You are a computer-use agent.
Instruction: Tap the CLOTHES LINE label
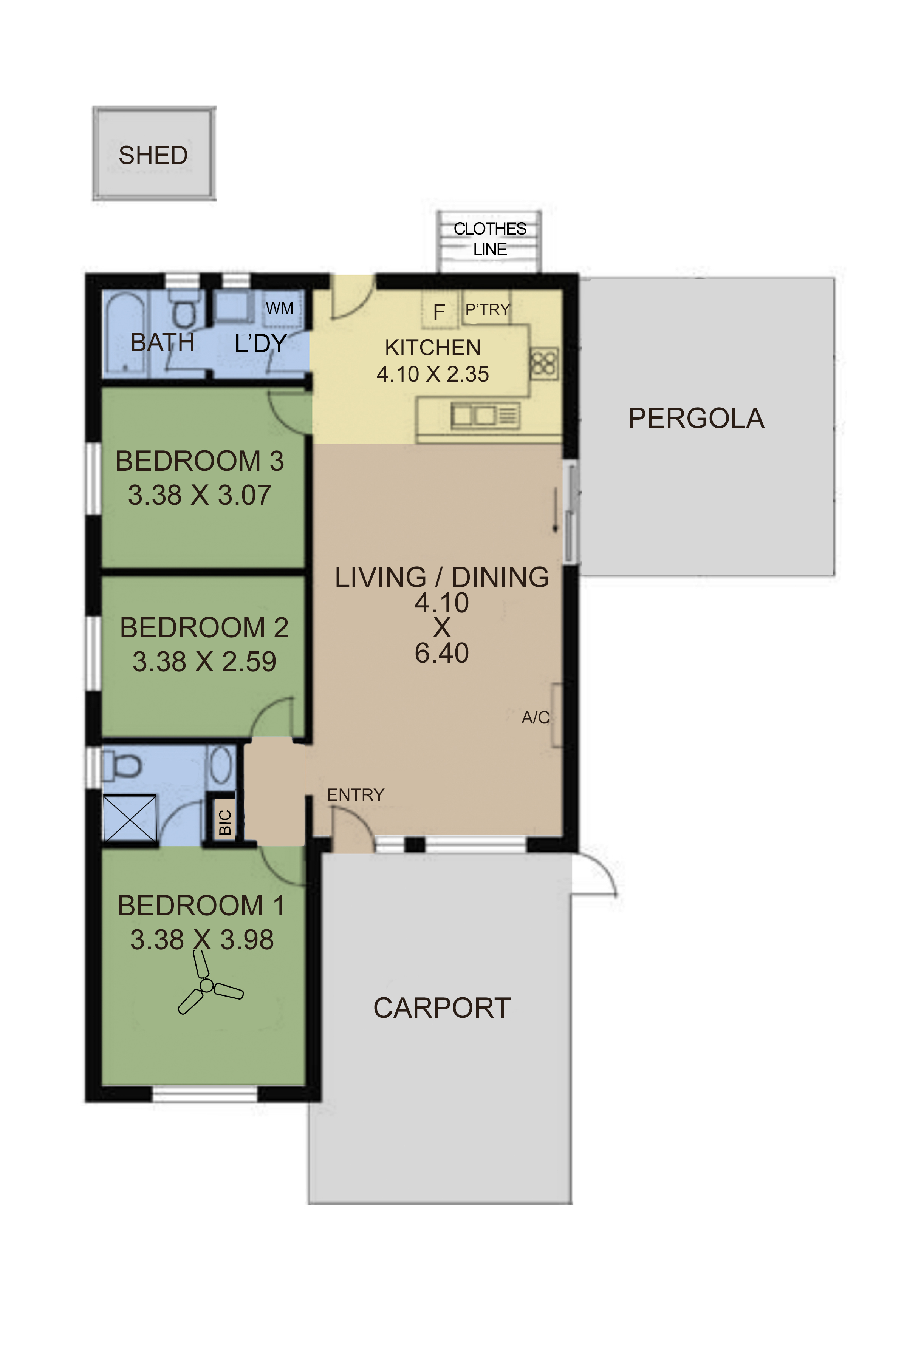(x=490, y=239)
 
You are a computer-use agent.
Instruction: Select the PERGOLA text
(x=697, y=418)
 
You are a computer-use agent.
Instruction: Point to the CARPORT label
(x=442, y=1008)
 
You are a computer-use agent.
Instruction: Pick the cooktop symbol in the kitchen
(x=544, y=364)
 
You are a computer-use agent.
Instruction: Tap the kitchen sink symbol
(x=485, y=415)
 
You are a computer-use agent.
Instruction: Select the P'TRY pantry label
(x=488, y=310)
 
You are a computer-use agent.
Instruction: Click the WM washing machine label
(x=279, y=308)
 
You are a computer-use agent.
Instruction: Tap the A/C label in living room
(x=536, y=717)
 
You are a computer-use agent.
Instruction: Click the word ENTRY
(x=356, y=795)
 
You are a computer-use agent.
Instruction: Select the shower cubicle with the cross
(x=130, y=819)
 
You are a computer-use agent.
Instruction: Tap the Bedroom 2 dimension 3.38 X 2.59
(x=204, y=661)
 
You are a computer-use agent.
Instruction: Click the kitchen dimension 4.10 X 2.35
(x=433, y=374)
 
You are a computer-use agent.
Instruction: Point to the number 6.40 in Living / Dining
(x=441, y=653)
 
